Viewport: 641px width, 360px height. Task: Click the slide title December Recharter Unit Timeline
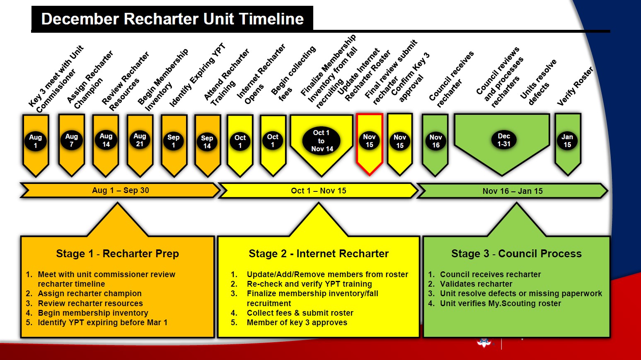(172, 19)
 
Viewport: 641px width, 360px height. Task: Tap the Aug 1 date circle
(36, 141)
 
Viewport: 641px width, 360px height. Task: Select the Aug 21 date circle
(140, 140)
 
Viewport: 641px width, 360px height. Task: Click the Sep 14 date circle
(207, 142)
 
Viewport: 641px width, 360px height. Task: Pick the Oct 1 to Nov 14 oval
(322, 141)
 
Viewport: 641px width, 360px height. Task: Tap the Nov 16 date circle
(435, 141)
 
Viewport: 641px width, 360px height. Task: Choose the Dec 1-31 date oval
(504, 140)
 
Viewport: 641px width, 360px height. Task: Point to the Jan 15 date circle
(567, 141)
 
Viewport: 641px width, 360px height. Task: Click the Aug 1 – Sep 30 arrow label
(120, 191)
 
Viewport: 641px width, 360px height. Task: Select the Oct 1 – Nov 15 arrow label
(318, 191)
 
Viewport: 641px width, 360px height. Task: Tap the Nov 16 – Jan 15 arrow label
(513, 191)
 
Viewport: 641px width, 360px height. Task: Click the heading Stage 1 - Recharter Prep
(117, 254)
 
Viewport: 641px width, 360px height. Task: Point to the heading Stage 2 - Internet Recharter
(319, 254)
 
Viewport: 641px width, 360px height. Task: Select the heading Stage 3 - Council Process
(516, 254)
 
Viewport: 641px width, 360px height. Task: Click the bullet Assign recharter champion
(89, 293)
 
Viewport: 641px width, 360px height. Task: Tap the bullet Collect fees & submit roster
(300, 313)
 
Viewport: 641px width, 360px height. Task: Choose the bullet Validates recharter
(476, 284)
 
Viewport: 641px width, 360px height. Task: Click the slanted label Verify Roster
(575, 87)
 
